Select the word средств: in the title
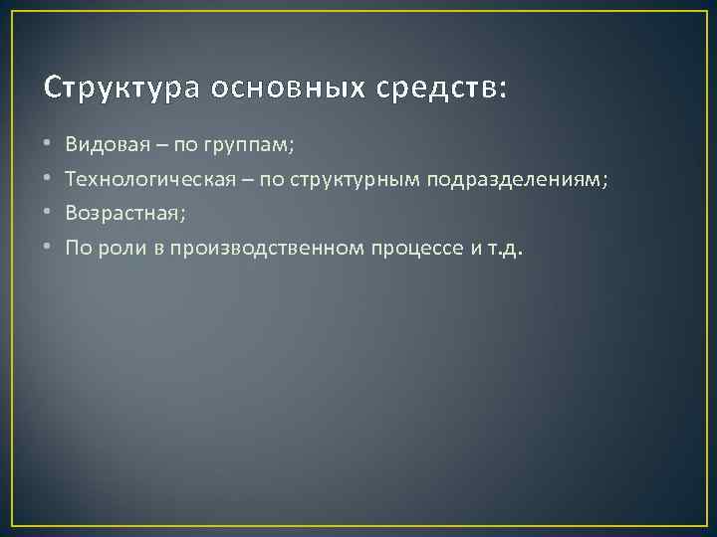coord(441,88)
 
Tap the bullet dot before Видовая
coord(49,145)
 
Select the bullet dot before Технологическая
coord(49,180)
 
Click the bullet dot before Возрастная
coord(49,214)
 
